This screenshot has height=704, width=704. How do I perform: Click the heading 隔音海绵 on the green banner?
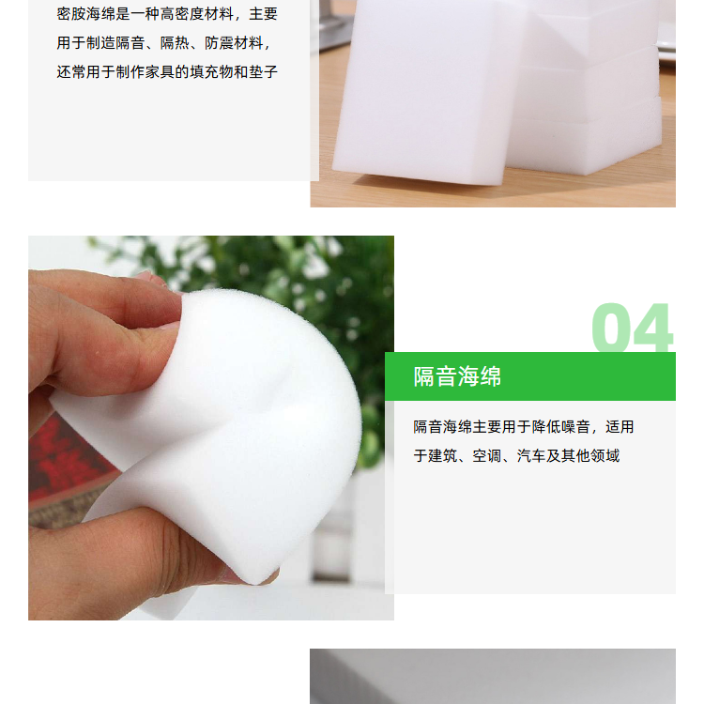tap(457, 376)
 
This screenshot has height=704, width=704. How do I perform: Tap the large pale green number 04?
tap(633, 328)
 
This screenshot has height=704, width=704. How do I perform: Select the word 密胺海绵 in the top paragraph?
tap(86, 14)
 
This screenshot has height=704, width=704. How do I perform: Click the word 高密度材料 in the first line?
tap(197, 14)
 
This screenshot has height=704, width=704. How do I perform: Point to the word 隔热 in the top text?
tap(175, 43)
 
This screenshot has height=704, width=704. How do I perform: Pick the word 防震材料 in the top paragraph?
tap(234, 43)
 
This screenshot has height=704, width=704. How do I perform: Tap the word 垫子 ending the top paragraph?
tap(264, 72)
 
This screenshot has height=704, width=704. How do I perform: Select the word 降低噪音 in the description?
tap(560, 427)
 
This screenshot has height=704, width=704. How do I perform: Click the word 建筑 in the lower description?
tap(443, 456)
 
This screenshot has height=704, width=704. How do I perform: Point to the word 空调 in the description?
tap(486, 456)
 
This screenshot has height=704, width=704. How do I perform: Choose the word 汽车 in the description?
tap(531, 456)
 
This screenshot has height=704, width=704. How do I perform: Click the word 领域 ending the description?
tap(605, 456)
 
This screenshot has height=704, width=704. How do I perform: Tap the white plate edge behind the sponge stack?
tap(667, 49)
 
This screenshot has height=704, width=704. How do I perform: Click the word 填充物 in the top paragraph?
tap(212, 72)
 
